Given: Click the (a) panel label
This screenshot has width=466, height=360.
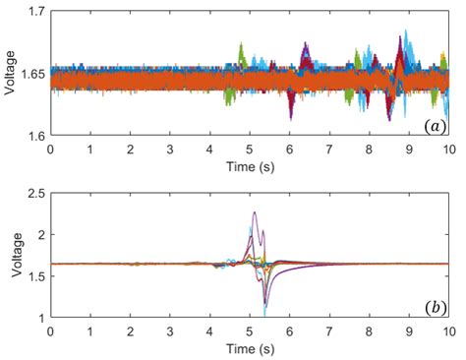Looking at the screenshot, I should (434, 126).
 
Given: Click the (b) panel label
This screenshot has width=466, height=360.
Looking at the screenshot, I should (434, 307).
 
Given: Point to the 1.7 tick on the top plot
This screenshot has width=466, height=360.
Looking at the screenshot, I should (35, 12).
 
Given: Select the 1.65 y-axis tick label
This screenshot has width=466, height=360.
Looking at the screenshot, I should (31, 73).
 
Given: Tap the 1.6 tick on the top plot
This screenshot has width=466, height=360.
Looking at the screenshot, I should (35, 135).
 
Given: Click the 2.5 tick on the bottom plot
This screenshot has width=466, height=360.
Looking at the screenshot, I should (35, 194).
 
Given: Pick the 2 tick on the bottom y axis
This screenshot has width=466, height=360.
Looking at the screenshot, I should (41, 235).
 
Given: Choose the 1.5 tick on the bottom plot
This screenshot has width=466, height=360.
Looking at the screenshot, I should (35, 276).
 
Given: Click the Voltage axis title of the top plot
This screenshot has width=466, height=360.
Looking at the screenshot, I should (10, 73).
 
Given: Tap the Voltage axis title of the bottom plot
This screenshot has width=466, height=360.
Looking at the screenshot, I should (10, 256).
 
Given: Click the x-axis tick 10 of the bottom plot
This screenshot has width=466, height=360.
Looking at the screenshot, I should (448, 331).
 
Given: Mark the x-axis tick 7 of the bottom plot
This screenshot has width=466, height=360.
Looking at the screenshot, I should (329, 331).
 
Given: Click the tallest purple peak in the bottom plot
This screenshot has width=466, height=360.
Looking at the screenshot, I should (255, 212).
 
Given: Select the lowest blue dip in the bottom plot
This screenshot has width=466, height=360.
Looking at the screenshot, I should (264, 313).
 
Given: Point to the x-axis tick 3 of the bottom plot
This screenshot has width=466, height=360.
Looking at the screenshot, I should (170, 331).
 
